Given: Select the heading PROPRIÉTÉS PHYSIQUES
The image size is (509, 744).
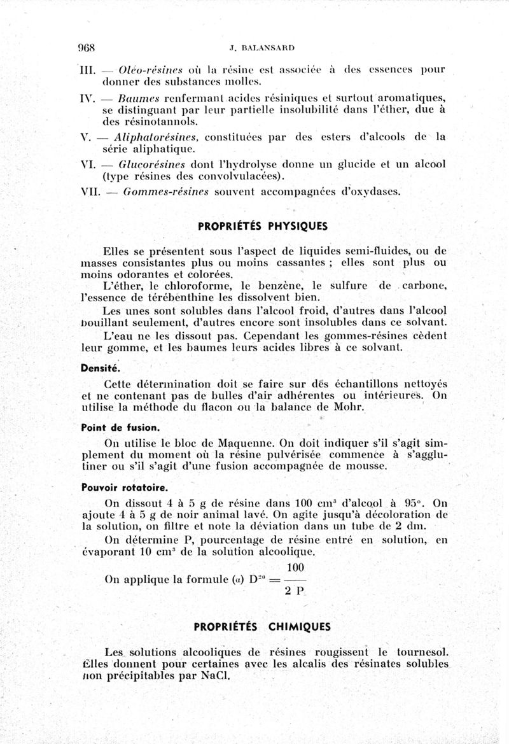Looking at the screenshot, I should click(261, 225).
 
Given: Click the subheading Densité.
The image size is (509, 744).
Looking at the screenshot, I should click(100, 368).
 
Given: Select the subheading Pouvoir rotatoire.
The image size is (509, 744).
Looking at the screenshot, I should click(116, 488).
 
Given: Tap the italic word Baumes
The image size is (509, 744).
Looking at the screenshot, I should click(137, 97).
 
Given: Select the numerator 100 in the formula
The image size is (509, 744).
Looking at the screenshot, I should click(295, 567).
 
